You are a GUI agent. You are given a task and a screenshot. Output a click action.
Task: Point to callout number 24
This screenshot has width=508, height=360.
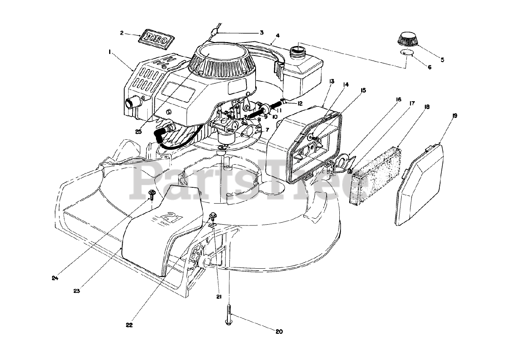pos(55,278)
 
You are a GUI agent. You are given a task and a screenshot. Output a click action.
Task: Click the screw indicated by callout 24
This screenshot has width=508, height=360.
pos(152,194)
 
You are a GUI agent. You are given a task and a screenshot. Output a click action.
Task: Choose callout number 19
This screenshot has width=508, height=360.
pos(455,116)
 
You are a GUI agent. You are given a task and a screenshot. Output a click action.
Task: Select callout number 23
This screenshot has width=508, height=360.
pos(77,291)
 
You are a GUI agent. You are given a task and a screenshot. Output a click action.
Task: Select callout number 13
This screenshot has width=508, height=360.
pos(331,81)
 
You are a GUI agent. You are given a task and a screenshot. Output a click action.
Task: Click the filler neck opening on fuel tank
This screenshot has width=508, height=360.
pos(297,50)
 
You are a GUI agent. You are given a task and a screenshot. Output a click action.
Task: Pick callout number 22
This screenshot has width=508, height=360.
pos(129,325)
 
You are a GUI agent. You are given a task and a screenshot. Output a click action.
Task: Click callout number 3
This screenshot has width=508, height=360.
pos(261,33)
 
